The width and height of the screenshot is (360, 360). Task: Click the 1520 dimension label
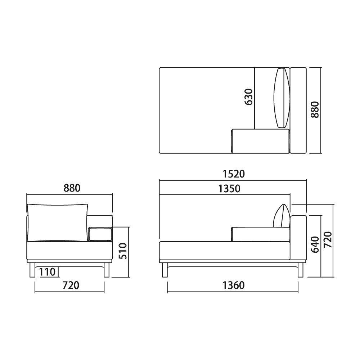tap(234, 174)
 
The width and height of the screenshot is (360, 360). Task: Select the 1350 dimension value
tap(229, 189)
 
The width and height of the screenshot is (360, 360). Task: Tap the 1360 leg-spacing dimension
tap(234, 285)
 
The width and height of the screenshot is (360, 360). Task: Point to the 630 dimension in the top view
tap(249, 97)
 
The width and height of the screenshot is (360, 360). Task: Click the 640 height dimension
tap(315, 244)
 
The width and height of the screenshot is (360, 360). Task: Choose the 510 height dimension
tap(123, 251)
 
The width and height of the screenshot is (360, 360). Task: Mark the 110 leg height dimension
tap(47, 272)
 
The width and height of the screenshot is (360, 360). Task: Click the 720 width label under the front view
tap(71, 285)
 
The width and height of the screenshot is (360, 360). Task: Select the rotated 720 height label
tap(328, 240)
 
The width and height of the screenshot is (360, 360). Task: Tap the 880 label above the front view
tap(72, 188)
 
